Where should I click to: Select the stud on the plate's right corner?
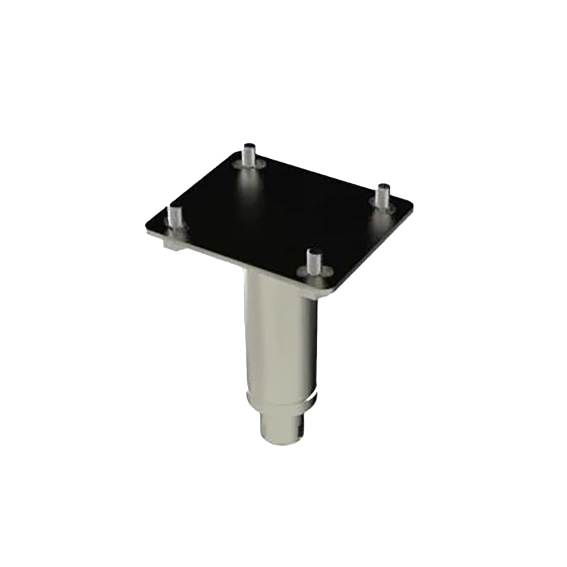(x=383, y=196)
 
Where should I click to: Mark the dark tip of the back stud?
(x=247, y=146)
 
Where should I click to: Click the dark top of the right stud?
(x=384, y=187)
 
